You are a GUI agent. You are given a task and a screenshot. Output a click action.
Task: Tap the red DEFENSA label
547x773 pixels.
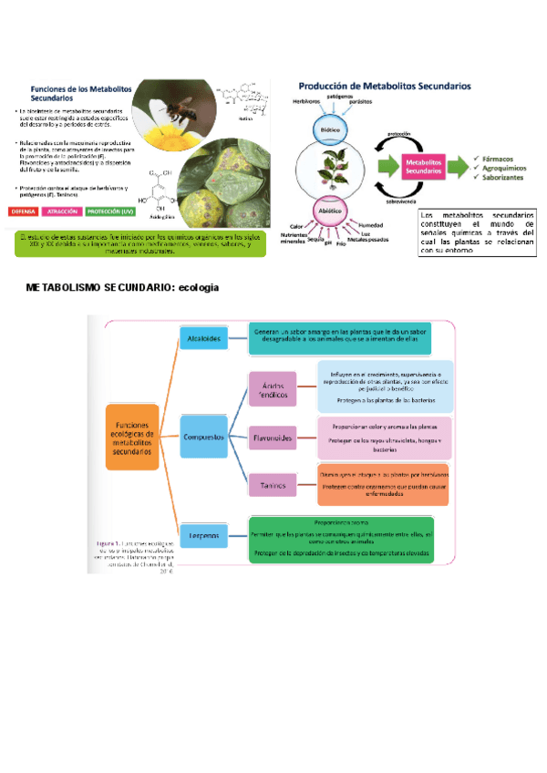point(28,211)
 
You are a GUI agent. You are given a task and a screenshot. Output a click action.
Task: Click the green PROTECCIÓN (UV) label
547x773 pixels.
point(113,211)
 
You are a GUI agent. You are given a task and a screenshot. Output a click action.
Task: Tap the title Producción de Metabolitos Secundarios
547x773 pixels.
point(385,86)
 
